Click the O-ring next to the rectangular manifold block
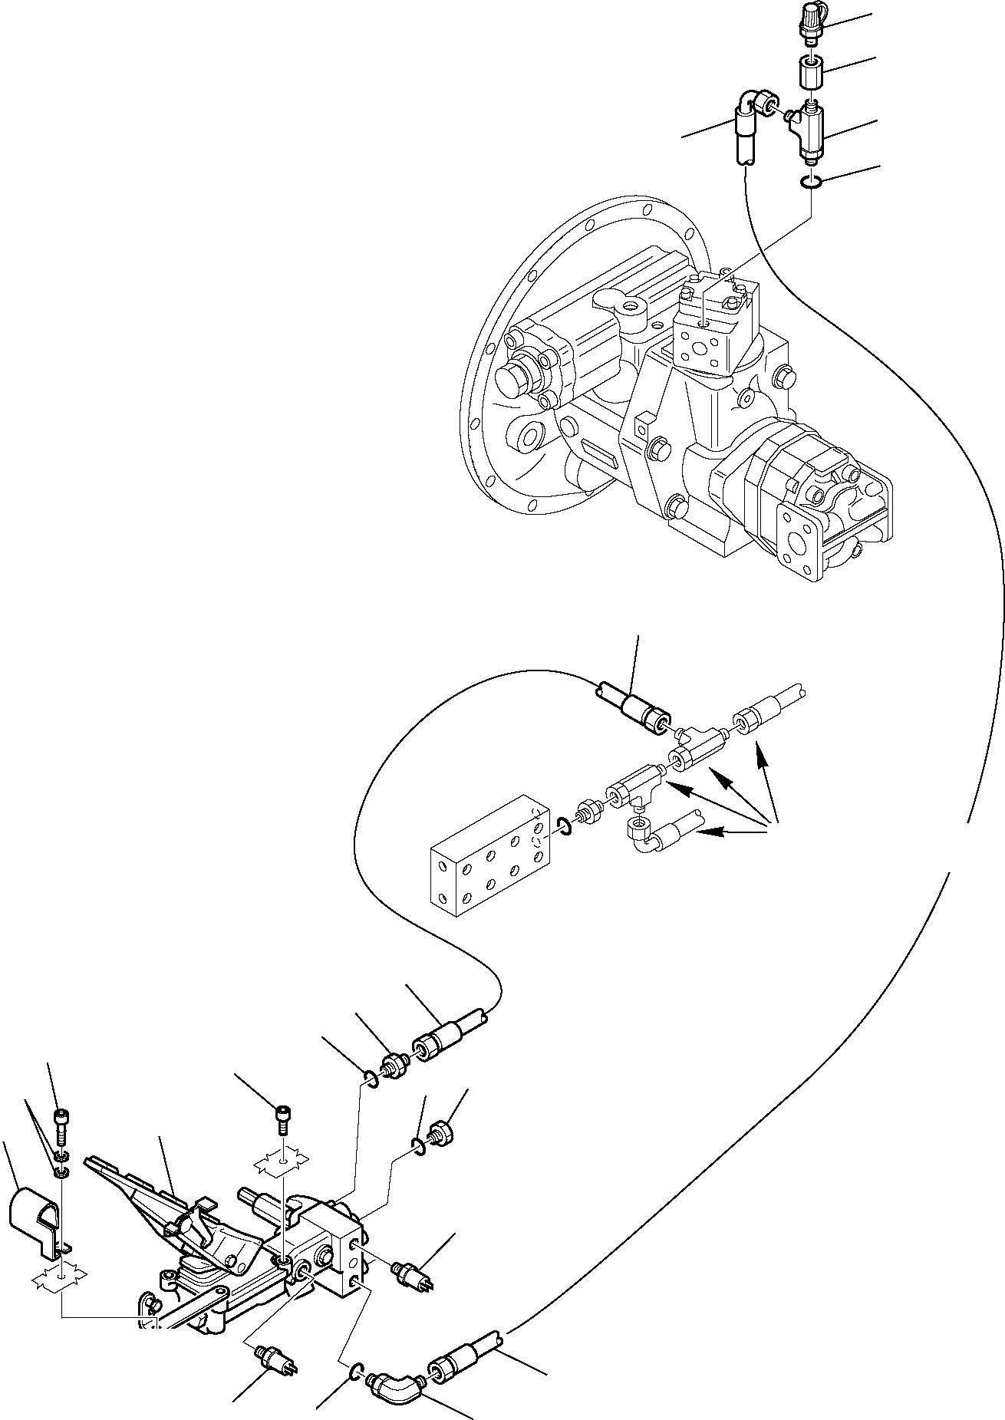[563, 827]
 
